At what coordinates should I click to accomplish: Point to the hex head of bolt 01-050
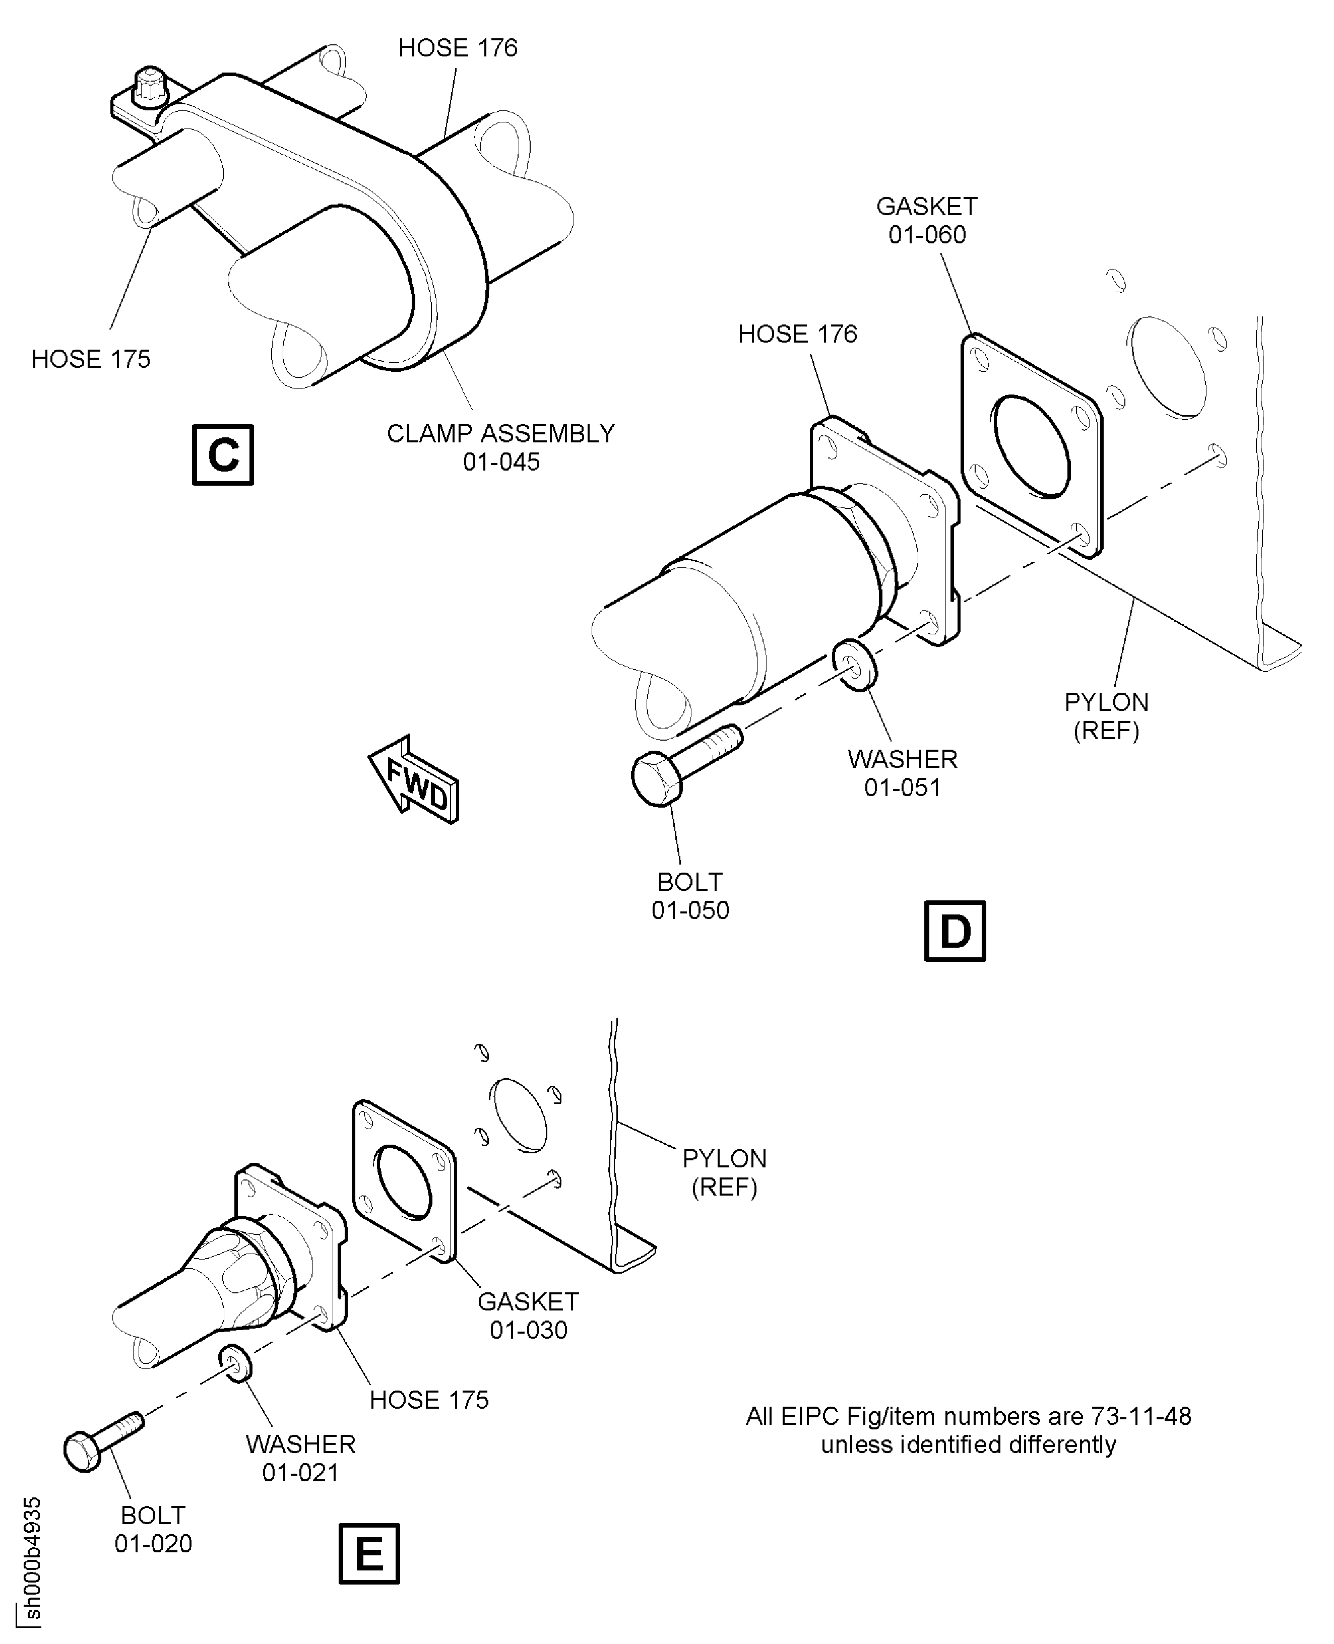tap(657, 778)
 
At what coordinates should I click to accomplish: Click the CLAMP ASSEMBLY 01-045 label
tap(500, 447)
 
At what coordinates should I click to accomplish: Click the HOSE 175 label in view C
tap(91, 359)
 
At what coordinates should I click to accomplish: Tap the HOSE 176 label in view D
tap(797, 334)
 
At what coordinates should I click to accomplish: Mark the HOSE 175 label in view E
tap(429, 1400)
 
